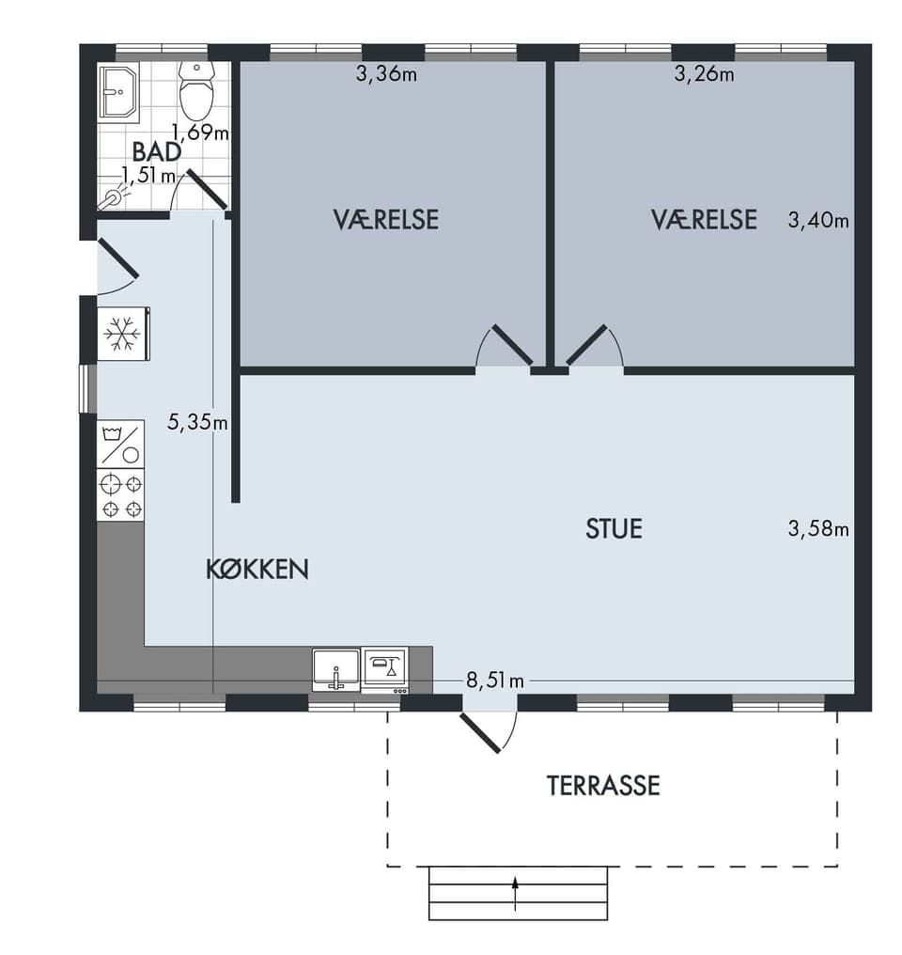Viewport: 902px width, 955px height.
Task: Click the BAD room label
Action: pos(156,151)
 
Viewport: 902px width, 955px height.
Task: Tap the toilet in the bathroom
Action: pos(196,90)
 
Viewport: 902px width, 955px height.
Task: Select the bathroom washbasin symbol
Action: pos(119,90)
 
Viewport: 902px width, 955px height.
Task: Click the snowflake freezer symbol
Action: pos(122,334)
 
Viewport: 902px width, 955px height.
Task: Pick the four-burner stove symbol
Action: pos(120,495)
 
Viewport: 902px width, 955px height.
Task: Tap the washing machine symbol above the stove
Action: pos(120,444)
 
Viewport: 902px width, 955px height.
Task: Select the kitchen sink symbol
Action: pos(336,669)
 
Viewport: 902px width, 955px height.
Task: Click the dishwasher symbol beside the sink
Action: pos(384,669)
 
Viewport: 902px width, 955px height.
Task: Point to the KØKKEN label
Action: pos(257,569)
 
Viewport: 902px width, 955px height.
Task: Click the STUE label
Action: pos(614,528)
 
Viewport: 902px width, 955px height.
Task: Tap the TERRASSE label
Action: pos(603,786)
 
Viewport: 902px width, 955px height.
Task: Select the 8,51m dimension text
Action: pos(495,681)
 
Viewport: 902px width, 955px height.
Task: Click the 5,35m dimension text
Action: pos(198,421)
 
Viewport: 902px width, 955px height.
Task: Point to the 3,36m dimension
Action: pos(386,74)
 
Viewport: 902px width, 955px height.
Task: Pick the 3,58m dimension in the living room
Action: pos(818,528)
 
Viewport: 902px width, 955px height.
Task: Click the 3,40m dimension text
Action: pos(818,220)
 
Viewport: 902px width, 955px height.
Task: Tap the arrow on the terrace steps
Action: pos(516,894)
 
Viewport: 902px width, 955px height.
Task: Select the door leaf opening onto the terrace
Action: pos(480,733)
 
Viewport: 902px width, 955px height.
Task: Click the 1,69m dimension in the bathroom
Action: pos(200,132)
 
